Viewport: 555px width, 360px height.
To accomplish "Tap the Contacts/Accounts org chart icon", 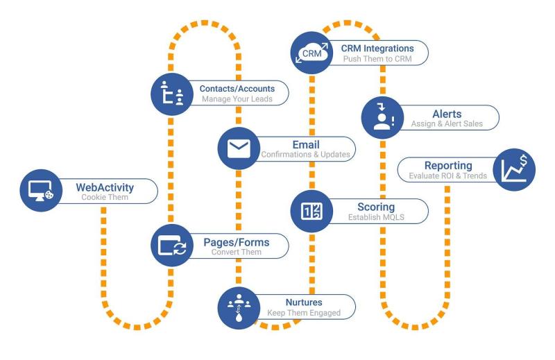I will point(171,94).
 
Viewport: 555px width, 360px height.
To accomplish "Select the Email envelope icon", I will point(238,148).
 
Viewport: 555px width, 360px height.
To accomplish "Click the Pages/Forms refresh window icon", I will point(171,246).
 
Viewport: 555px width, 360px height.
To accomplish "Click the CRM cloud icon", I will point(311,53).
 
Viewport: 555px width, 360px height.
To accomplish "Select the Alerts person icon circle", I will point(382,118).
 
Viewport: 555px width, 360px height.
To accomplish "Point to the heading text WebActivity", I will point(105,187).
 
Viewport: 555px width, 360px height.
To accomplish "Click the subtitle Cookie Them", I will point(105,198).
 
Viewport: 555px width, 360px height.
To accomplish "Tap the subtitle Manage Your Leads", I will point(237,99).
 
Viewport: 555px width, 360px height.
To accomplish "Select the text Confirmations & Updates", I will point(305,154).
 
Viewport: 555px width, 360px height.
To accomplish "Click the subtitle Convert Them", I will point(237,252).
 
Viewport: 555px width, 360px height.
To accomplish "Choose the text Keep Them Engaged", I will point(304,313).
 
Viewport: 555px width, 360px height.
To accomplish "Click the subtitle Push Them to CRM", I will point(377,59).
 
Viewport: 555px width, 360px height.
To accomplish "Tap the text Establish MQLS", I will point(375,217).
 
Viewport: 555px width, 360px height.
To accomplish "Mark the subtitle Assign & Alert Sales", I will point(447,124).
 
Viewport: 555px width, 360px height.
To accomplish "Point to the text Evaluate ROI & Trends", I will point(443,176).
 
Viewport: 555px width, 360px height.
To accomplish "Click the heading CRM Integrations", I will point(377,48).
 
